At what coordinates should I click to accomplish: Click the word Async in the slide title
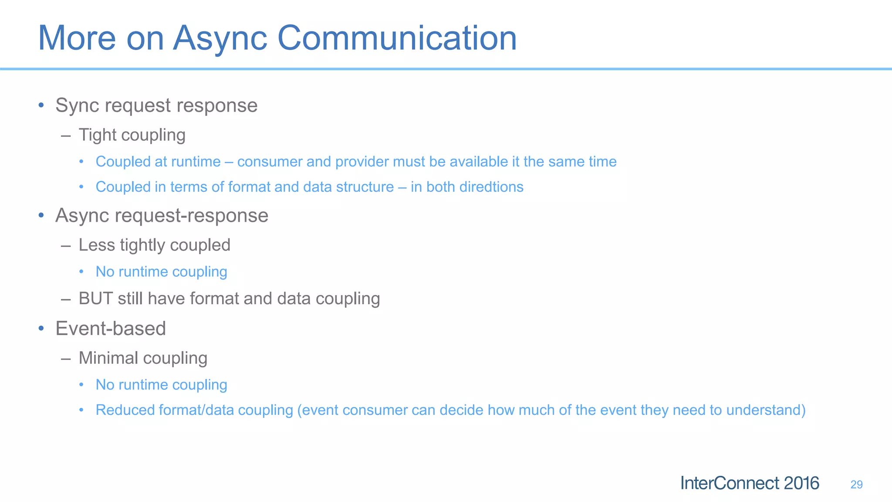[x=220, y=38]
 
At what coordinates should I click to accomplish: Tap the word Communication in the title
[x=397, y=38]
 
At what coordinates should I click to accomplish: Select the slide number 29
[x=856, y=485]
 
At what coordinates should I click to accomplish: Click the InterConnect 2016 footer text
[x=750, y=483]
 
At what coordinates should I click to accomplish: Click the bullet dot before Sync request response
[x=41, y=105]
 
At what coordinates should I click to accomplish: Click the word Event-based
[x=111, y=329]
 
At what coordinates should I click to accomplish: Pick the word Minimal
[x=108, y=358]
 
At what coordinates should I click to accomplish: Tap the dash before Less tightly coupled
[x=66, y=246]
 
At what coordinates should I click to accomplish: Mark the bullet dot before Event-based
[x=41, y=328]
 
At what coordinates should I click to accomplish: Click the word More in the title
[x=77, y=38]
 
